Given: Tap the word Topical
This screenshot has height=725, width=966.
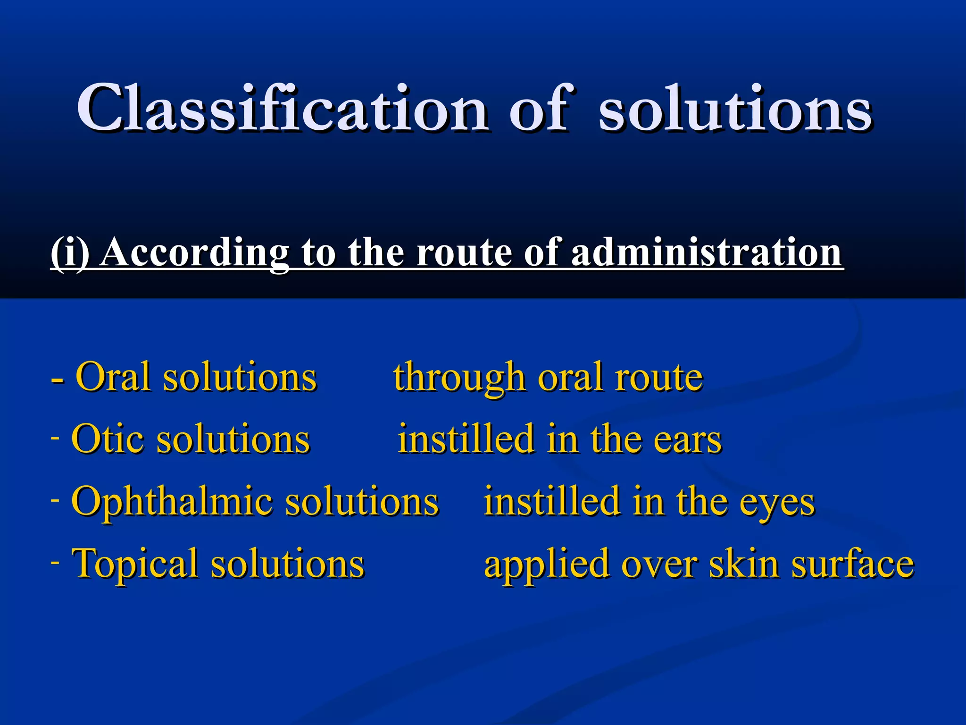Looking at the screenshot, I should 134,564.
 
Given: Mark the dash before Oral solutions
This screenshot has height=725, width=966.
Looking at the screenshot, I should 58,379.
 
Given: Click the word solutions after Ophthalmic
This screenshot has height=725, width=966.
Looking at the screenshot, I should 362,501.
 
